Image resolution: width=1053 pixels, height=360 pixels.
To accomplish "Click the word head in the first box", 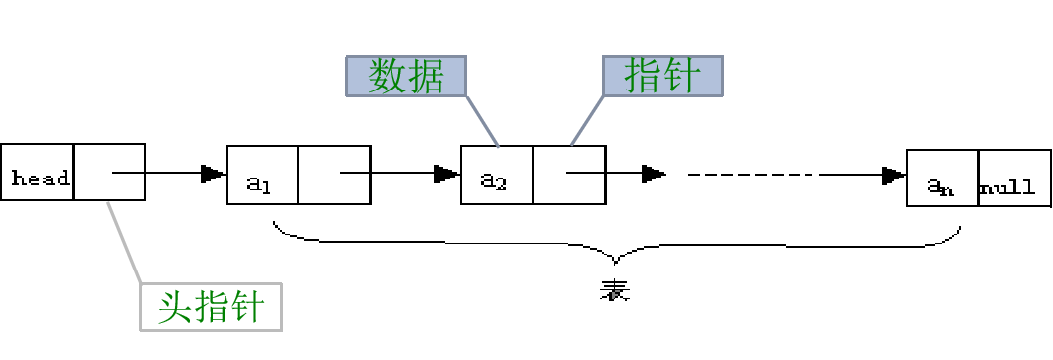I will (x=39, y=178).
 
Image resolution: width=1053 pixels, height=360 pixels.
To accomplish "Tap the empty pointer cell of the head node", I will (x=109, y=172).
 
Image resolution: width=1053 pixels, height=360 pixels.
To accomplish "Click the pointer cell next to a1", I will (x=334, y=175).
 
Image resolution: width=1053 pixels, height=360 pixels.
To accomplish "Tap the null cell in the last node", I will (x=1014, y=186).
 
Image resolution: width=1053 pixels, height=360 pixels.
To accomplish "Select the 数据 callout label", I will (x=406, y=76).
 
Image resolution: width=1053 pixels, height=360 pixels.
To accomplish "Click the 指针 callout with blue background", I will (x=661, y=76).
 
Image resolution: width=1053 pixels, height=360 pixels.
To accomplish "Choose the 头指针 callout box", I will (x=211, y=307).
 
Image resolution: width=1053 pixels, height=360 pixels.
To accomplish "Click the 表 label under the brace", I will (x=615, y=290).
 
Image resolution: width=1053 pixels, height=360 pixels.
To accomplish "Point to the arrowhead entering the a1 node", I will (x=212, y=174).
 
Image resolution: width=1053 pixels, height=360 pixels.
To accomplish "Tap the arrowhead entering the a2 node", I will (x=446, y=174).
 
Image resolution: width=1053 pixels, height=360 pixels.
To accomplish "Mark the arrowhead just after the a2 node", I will (x=653, y=174).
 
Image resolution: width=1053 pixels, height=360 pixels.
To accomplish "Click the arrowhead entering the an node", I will (x=893, y=176).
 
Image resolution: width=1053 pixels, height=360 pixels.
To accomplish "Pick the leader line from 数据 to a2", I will (x=481, y=119).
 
